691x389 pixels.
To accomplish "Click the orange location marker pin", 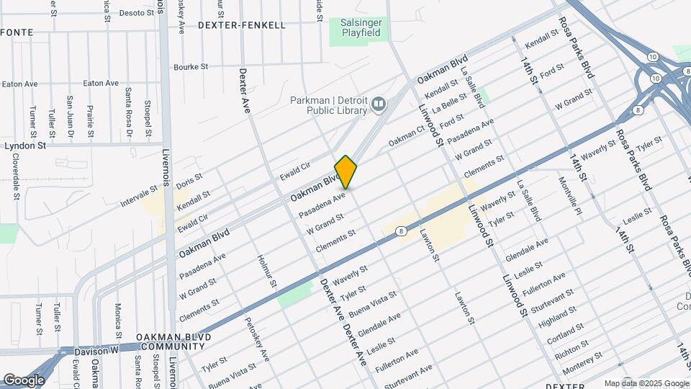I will (346, 172).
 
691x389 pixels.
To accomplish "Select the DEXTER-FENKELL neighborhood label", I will (241, 25).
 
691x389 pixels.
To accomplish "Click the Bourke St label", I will (191, 67).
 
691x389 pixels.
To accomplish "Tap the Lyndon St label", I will (25, 145).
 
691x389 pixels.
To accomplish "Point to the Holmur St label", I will (264, 270).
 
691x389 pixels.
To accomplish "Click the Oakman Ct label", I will (406, 136).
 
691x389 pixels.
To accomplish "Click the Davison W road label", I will (96, 351).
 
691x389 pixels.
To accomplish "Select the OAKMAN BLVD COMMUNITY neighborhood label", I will (173, 341).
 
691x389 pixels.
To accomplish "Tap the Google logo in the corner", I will (24, 380).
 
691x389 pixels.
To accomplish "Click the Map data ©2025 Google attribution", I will (645, 383).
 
